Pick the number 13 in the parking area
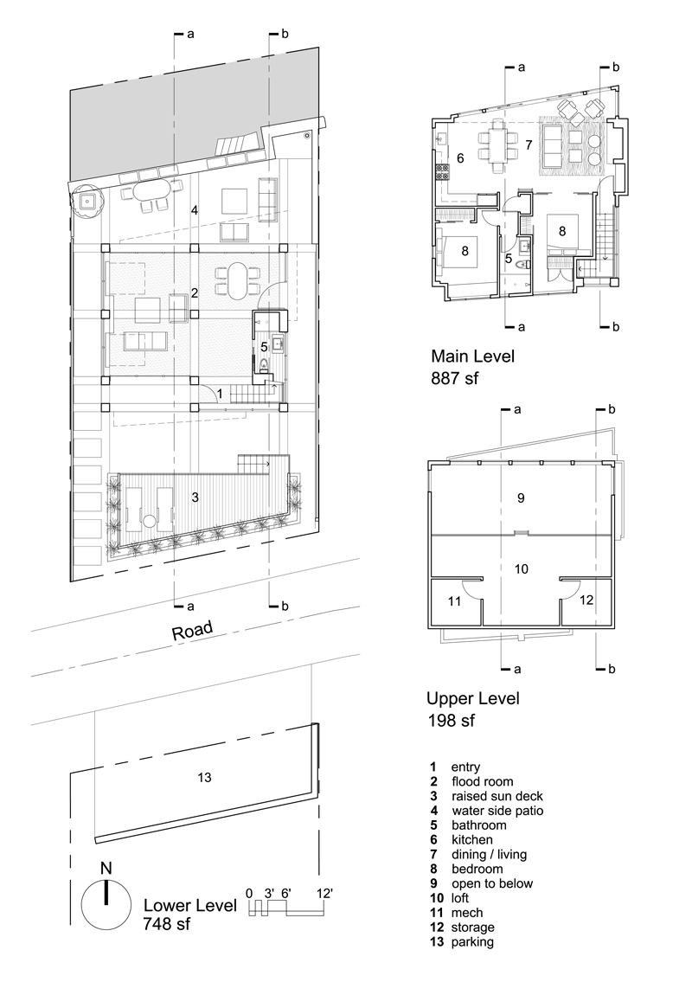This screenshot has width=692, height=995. pyautogui.click(x=204, y=777)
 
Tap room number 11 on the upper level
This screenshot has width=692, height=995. pyautogui.click(x=455, y=599)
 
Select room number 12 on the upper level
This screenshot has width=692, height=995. pyautogui.click(x=586, y=599)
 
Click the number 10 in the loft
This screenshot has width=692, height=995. pyautogui.click(x=521, y=568)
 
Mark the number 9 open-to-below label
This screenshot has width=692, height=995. pyautogui.click(x=520, y=497)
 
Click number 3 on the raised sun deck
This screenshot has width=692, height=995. pyautogui.click(x=195, y=497)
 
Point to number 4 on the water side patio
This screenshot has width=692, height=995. pyautogui.click(x=195, y=210)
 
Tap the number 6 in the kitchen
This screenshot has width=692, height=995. pyautogui.click(x=461, y=158)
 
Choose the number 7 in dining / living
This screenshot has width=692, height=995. pyautogui.click(x=528, y=144)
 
